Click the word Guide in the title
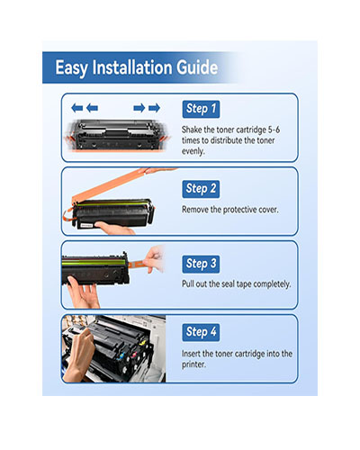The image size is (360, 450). click(197, 67)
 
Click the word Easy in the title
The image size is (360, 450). click(71, 68)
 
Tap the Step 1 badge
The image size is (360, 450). click(201, 109)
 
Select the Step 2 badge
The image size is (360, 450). click(201, 189)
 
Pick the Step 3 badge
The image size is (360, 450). click(201, 264)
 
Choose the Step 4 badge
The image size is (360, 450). click(201, 332)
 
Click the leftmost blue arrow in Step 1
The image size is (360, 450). click(77, 108)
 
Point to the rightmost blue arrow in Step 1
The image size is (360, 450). click(154, 108)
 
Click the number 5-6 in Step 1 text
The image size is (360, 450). click(274, 130)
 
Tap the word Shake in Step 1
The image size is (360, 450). click(192, 130)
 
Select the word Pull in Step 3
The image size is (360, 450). click(188, 283)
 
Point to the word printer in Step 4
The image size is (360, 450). click(193, 364)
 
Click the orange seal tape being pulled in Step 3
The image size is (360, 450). click(137, 265)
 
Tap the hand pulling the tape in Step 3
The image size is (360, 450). click(154, 259)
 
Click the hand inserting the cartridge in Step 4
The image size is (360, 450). click(77, 354)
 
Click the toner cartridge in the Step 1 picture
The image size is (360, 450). click(117, 135)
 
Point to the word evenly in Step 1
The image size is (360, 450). click(193, 151)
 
